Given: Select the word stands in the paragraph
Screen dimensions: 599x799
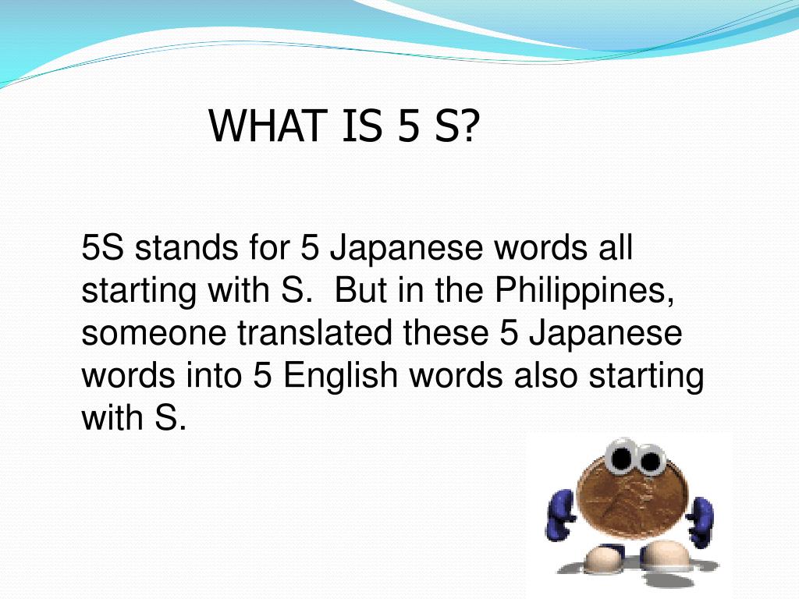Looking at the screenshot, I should [187, 250].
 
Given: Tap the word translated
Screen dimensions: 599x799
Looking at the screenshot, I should [314, 334].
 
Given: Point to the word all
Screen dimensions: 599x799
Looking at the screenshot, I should [614, 250].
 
